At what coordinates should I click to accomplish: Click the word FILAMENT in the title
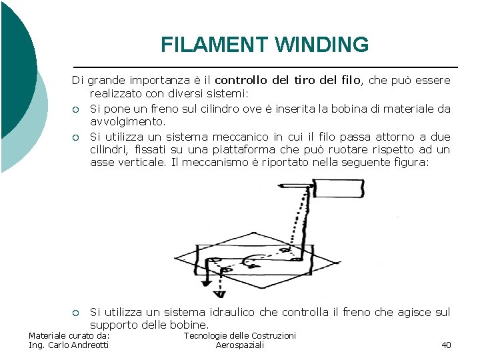click(213, 45)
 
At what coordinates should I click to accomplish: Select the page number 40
click(446, 345)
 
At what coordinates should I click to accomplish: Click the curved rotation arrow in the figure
click(252, 262)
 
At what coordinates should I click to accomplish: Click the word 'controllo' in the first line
click(240, 80)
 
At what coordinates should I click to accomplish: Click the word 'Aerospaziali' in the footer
click(240, 345)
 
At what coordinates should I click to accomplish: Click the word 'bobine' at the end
click(191, 325)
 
